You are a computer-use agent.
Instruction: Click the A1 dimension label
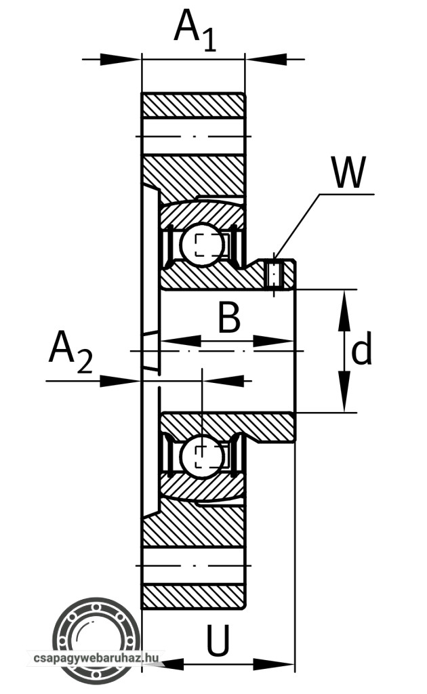click(x=195, y=30)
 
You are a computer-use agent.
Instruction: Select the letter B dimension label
click(x=229, y=318)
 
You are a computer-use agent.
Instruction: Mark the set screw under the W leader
click(x=274, y=274)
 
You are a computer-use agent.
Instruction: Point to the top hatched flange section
click(x=193, y=105)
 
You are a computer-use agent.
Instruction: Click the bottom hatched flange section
click(x=193, y=596)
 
